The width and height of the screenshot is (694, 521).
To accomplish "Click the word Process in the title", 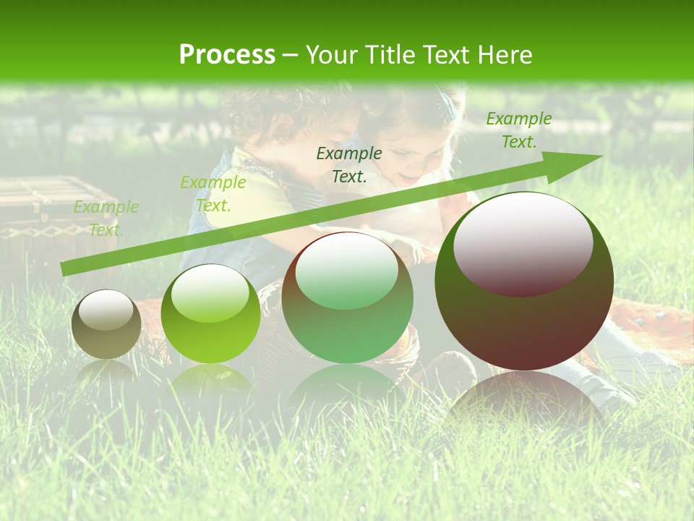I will pos(227,54).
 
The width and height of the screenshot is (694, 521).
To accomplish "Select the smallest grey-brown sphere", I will pos(106,324).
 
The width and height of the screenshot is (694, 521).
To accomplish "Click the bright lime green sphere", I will pos(210,314).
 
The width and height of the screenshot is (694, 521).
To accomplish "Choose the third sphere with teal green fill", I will pos(347,297).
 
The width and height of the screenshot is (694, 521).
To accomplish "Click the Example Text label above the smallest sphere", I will pos(106,219).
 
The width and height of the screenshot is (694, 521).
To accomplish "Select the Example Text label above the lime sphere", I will pos(213,194).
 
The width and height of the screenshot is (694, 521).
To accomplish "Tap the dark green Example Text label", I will pos(349,164).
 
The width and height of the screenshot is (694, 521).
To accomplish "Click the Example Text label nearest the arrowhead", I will pos(518,130).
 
